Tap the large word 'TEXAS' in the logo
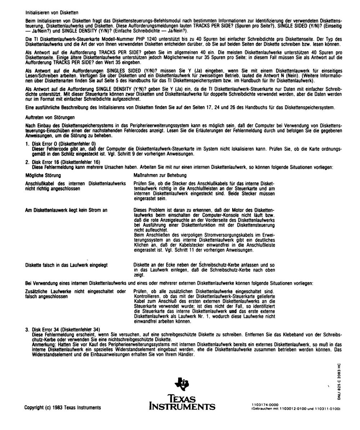tap(182, 399)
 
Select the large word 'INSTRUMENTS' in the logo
tap(182, 407)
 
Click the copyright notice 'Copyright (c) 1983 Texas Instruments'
tap(63, 408)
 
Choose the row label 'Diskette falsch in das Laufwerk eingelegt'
tap(67, 265)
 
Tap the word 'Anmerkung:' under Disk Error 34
tap(44, 344)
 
